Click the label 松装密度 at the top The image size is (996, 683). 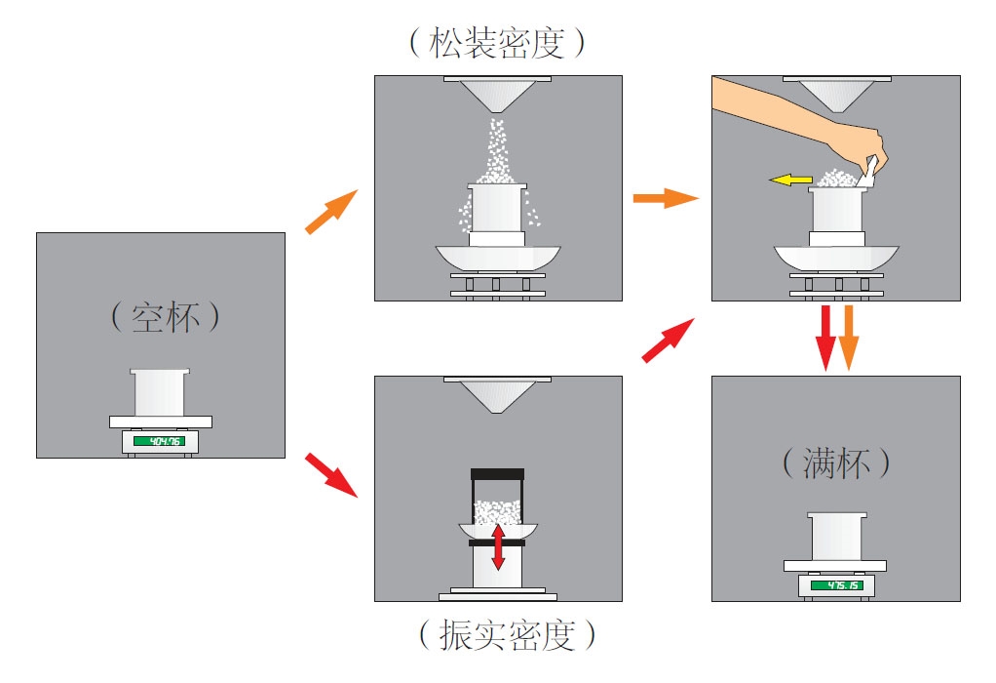[x=498, y=41]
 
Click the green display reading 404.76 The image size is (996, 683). [x=159, y=441]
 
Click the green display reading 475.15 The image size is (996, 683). [x=836, y=585]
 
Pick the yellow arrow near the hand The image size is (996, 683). [x=790, y=180]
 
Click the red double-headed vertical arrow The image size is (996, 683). [x=498, y=546]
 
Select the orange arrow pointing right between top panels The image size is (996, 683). [x=666, y=199]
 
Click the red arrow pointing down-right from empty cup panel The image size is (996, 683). [x=330, y=473]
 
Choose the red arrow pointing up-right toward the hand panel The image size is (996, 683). [x=669, y=341]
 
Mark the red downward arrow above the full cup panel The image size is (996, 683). [x=825, y=337]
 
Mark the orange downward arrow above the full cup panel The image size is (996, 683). [x=849, y=337]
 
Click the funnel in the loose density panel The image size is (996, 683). [x=498, y=96]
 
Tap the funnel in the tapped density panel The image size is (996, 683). [x=498, y=395]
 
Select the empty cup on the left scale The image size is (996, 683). [x=159, y=392]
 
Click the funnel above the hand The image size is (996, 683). [x=836, y=95]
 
